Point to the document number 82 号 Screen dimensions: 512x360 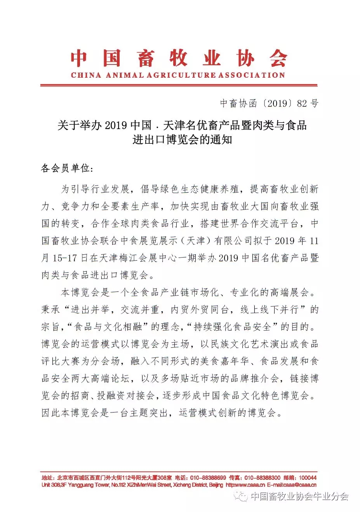308,103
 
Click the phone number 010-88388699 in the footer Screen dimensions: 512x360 208,478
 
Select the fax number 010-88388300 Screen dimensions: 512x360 263,478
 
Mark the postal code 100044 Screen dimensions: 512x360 308,478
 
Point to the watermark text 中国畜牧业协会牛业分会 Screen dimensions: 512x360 299,496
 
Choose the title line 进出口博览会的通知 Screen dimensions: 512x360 182,139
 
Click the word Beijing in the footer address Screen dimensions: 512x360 216,485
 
